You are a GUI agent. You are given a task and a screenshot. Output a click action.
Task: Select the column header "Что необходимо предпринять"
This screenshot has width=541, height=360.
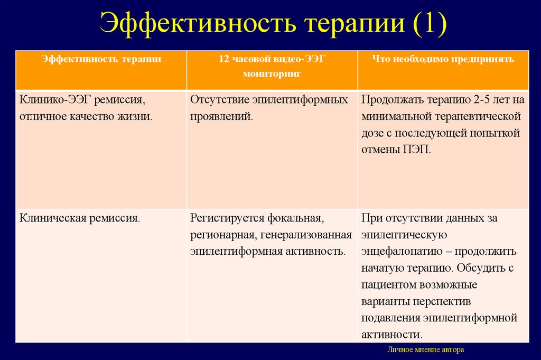[442, 59]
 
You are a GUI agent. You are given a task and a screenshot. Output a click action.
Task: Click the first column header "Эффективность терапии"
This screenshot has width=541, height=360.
[101, 59]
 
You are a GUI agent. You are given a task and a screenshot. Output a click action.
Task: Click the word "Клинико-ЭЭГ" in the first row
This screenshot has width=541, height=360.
[55, 99]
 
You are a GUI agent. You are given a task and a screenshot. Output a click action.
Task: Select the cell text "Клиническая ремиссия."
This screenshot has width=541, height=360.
[80, 217]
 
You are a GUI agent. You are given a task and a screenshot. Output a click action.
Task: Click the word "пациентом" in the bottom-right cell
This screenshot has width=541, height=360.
[389, 285]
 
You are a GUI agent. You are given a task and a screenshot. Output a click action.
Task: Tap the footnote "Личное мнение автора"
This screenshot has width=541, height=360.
[426, 350]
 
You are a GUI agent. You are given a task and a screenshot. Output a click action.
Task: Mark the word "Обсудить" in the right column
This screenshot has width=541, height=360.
[480, 268]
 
